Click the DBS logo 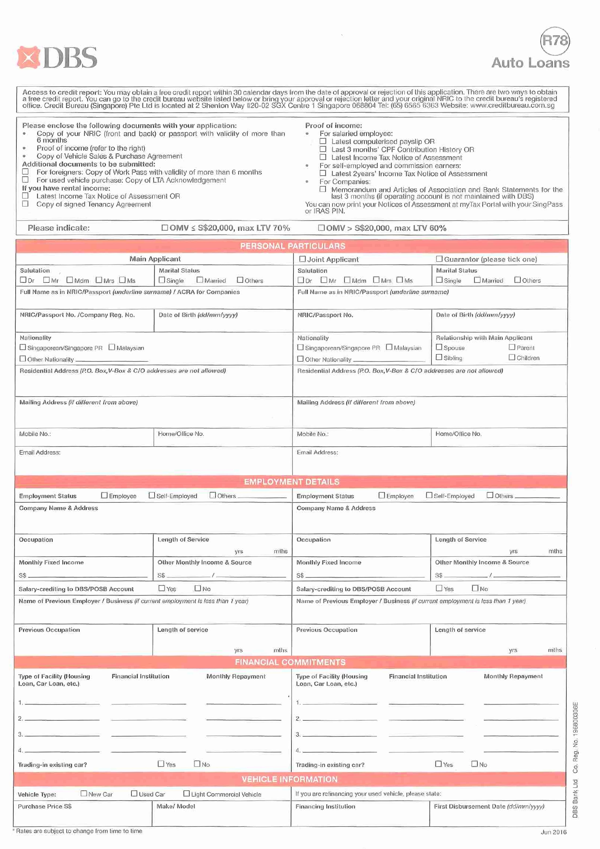(x=57, y=57)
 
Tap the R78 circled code (x=555, y=41)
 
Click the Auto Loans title (x=530, y=63)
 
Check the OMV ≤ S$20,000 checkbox (x=164, y=228)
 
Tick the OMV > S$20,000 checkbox (x=321, y=228)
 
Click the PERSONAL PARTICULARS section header (x=292, y=246)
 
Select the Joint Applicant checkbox (x=303, y=259)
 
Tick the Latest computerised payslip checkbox (x=323, y=141)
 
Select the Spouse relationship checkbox (x=439, y=347)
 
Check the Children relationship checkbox (x=512, y=357)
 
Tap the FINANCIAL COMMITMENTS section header (x=290, y=662)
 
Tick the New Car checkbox (x=84, y=793)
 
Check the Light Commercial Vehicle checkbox (x=187, y=793)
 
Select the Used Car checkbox (x=134, y=793)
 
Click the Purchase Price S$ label (x=45, y=806)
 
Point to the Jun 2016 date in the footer (x=553, y=832)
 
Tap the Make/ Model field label (x=176, y=806)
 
